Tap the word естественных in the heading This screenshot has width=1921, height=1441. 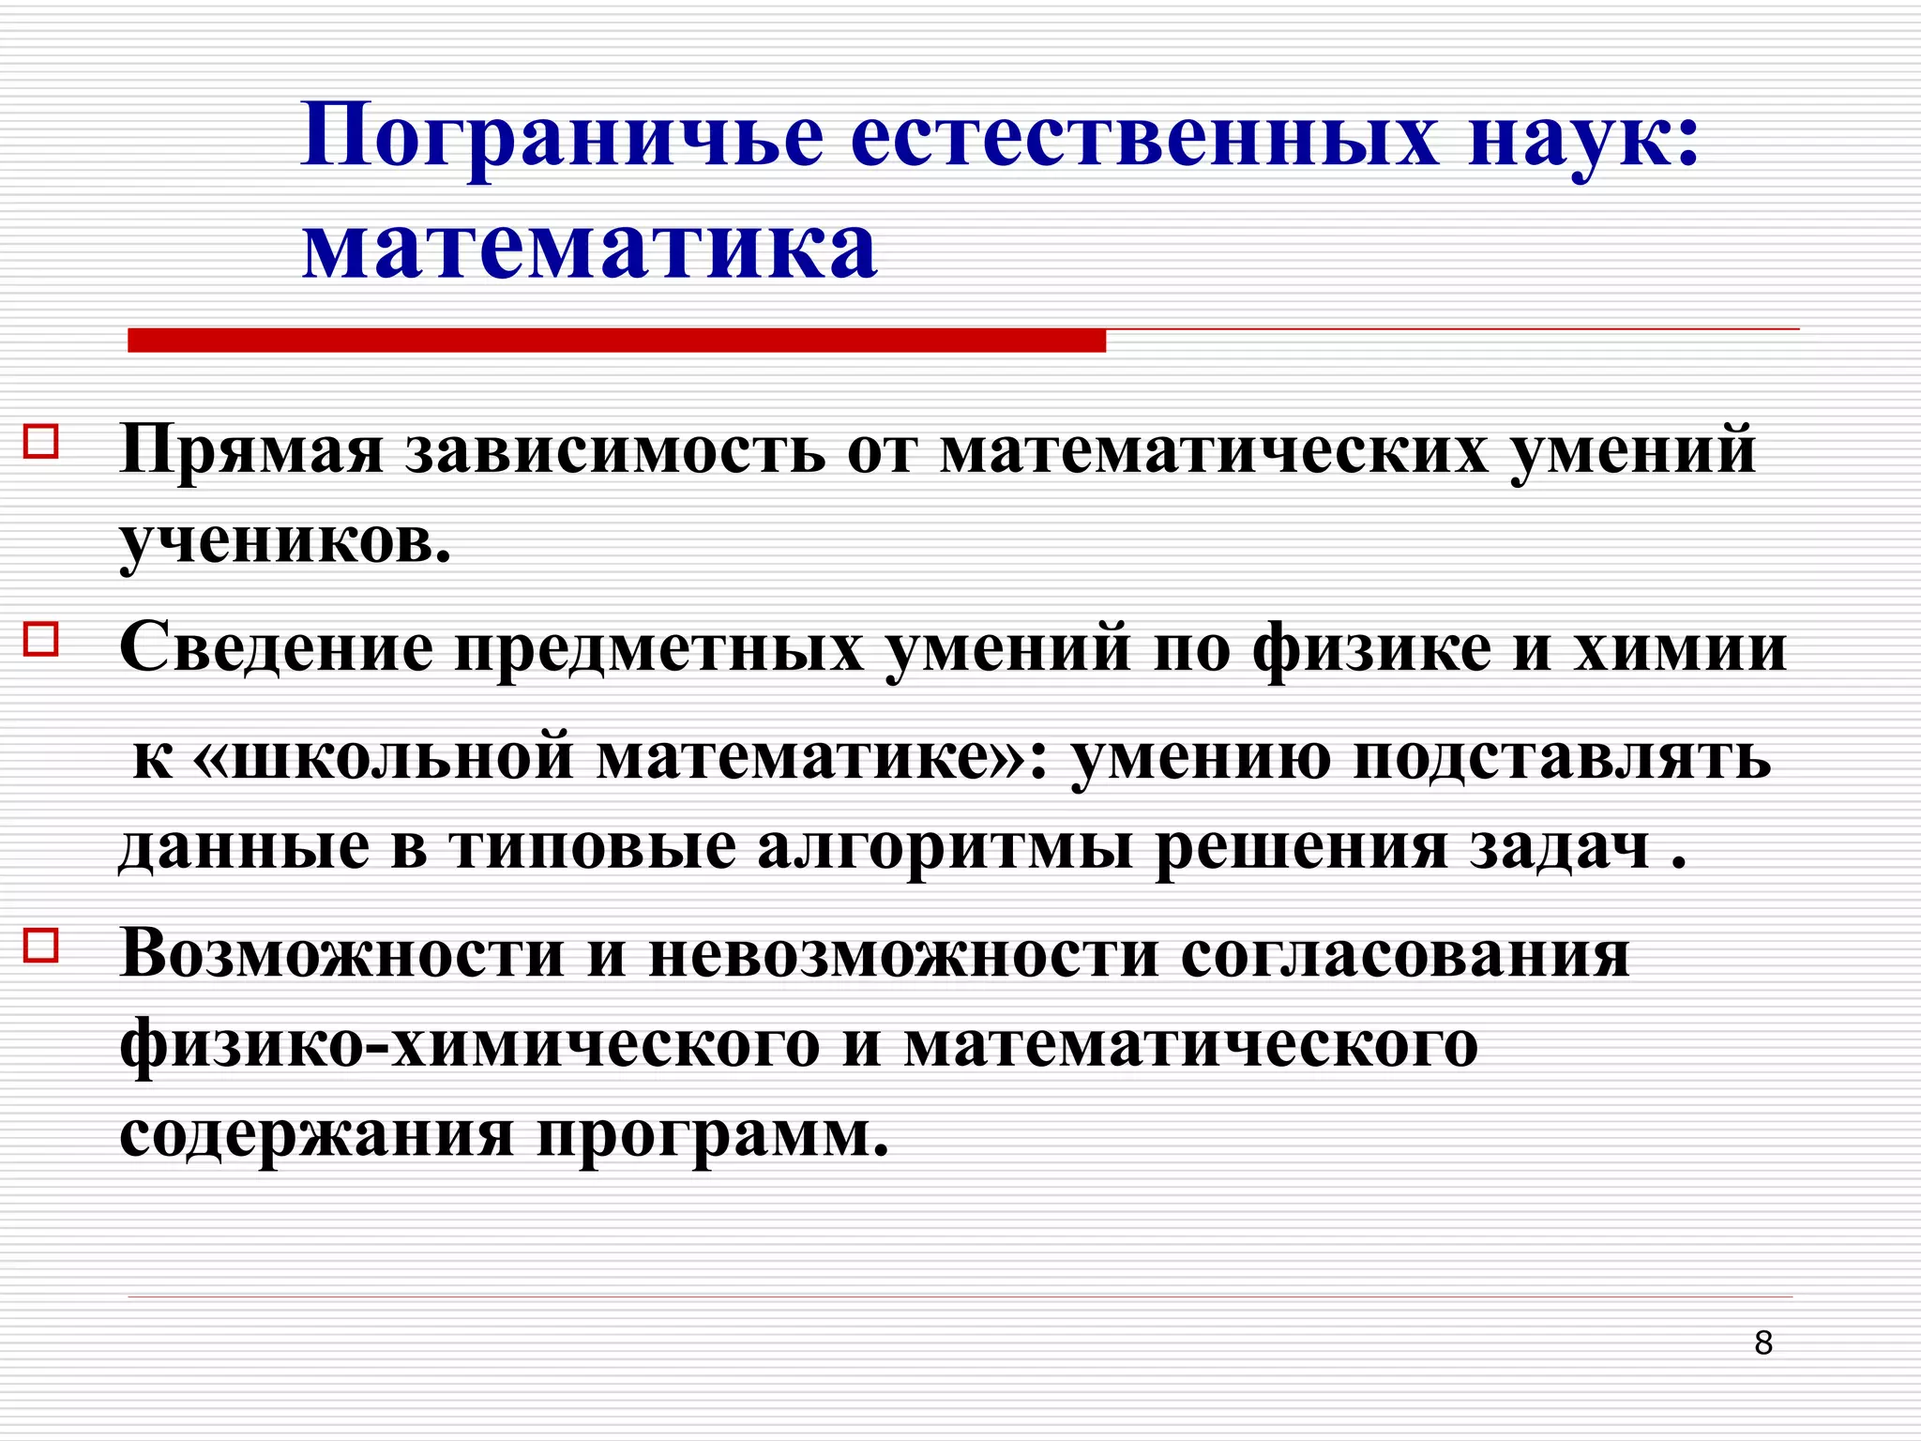click(1143, 137)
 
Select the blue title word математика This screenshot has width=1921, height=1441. click(590, 248)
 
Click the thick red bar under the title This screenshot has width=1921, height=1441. click(616, 341)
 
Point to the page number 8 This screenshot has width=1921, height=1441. click(1763, 1342)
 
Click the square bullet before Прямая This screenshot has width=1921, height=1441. click(41, 441)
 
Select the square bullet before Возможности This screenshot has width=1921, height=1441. click(41, 946)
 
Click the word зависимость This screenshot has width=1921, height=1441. click(615, 450)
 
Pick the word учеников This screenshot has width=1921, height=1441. click(285, 541)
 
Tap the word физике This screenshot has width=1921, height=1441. click(1371, 648)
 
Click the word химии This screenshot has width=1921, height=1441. click(1680, 648)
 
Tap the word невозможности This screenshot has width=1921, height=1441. click(903, 955)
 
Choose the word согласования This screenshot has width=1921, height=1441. click(1405, 955)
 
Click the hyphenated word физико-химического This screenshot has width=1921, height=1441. click(470, 1045)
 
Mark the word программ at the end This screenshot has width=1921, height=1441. click(712, 1136)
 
